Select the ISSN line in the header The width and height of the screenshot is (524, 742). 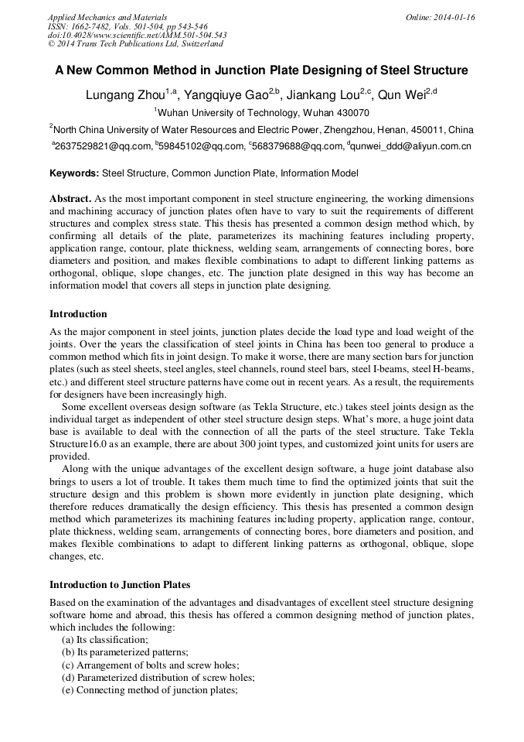click(128, 26)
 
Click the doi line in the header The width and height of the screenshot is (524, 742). click(137, 36)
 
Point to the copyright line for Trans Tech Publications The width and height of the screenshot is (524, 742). click(135, 45)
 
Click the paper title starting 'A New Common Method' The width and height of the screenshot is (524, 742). click(261, 70)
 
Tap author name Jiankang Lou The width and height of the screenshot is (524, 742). click(325, 95)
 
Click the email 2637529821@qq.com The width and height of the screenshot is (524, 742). click(101, 145)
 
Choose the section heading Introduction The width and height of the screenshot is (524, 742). click(78, 314)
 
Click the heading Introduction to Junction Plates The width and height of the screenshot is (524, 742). click(120, 585)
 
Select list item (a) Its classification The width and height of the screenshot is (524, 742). click(105, 640)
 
